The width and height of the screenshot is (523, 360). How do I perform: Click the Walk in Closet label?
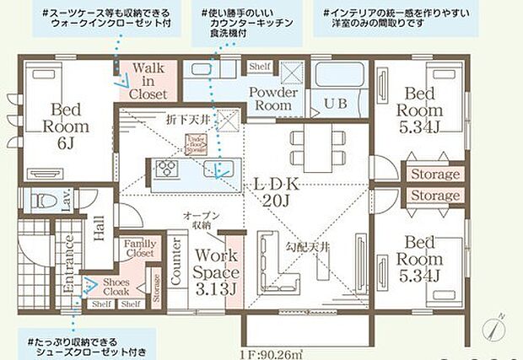point(148,82)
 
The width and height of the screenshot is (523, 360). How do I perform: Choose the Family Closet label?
point(139,249)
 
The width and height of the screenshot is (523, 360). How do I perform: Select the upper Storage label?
point(435,175)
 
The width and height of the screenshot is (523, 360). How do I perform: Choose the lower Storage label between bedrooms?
point(435,196)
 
